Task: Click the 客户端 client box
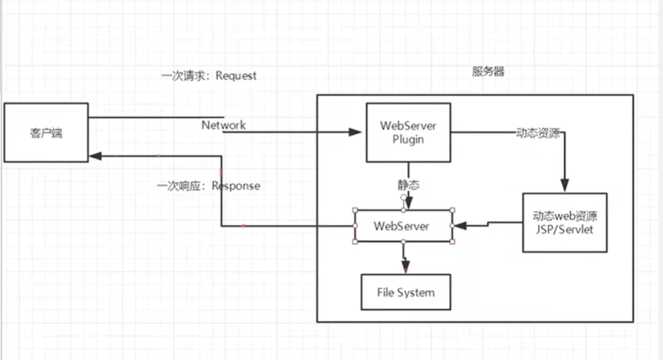[45, 133]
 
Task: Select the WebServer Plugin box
[407, 132]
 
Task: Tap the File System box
[407, 291]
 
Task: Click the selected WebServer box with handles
[403, 226]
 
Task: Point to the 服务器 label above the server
[488, 72]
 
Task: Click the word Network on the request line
[223, 125]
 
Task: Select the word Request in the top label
[236, 76]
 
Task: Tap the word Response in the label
[236, 186]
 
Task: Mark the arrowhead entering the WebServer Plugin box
[355, 133]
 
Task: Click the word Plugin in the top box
[407, 138]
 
